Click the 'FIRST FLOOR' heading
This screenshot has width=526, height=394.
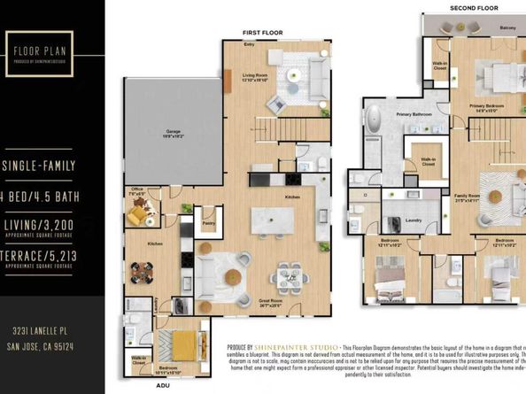tap(262, 32)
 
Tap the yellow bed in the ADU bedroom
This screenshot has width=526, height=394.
tap(184, 344)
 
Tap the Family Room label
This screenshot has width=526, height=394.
tap(467, 197)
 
